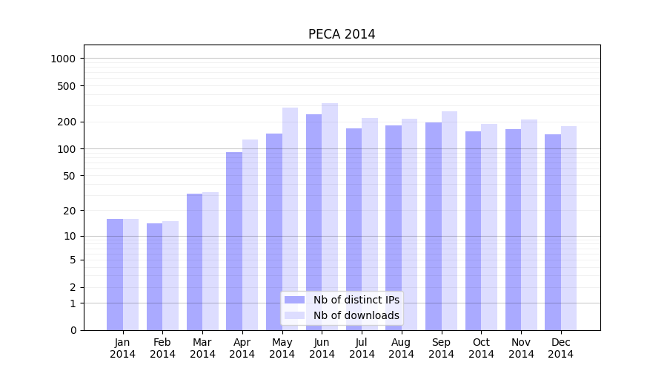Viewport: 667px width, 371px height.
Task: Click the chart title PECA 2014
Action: coord(342,35)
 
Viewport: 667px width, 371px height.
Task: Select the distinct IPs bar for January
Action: coord(115,275)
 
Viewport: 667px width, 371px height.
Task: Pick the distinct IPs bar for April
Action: coord(234,241)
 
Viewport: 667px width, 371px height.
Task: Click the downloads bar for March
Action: coord(210,261)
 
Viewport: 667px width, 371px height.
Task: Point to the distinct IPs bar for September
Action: coord(434,226)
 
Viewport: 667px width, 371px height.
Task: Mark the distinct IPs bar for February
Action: coord(154,277)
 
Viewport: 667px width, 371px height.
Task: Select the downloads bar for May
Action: coord(290,219)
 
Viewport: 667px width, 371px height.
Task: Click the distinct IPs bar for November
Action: coord(513,229)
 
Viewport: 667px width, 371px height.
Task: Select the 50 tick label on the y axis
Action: coord(69,176)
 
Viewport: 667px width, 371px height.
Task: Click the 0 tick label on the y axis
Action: coord(73,330)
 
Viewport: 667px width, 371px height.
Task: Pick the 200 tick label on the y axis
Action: coord(67,122)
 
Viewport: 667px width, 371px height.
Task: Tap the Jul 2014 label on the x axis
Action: coord(362,348)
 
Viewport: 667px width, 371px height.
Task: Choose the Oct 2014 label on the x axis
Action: coord(481,348)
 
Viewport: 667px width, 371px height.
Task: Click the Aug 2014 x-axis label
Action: coord(402,348)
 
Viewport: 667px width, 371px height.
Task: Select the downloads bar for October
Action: coord(489,227)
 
